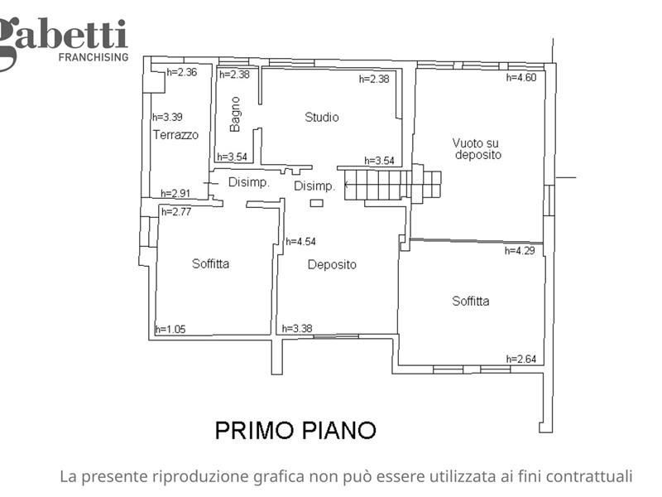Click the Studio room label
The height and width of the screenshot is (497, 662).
coord(322,117)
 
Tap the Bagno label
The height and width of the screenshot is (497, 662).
coord(235,114)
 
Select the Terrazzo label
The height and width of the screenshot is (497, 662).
coord(175,135)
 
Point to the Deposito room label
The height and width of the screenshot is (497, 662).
coord(332,265)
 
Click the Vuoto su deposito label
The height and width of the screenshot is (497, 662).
coord(477,149)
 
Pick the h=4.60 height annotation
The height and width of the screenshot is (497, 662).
coord(521,77)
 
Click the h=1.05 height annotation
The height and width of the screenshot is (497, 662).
coord(170,329)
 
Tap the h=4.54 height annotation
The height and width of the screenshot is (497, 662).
coord(300,242)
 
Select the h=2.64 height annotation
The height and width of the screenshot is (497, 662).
coord(521,359)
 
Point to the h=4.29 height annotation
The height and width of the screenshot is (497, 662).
coord(520,251)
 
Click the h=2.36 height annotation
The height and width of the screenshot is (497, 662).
coord(181,72)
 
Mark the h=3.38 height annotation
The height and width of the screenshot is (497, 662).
coord(297,328)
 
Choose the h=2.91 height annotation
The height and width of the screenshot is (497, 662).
coord(175,194)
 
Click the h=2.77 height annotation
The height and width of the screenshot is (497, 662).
coord(176,212)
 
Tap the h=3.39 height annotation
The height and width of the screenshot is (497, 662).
coord(168,117)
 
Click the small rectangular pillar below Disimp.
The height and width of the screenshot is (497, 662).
coord(317,203)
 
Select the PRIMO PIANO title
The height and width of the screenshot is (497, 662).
coord(295,430)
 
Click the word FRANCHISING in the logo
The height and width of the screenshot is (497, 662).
coord(94,57)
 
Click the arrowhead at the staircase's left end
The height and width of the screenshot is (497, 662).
coord(347,185)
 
